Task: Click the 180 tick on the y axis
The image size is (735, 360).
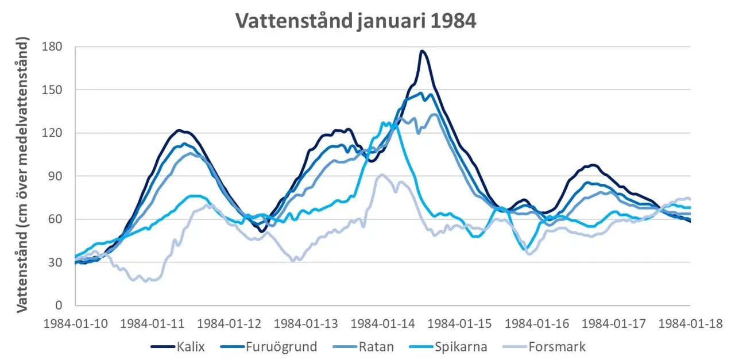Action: (x=55, y=47)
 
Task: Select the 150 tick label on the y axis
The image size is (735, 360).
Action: (x=55, y=90)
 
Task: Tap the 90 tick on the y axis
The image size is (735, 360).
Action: (x=57, y=176)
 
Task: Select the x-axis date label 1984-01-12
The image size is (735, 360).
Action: (x=229, y=323)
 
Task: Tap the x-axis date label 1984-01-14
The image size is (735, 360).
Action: (x=383, y=323)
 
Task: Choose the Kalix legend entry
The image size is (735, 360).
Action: (x=178, y=347)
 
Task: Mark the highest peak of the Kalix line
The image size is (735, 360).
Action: (x=422, y=51)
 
